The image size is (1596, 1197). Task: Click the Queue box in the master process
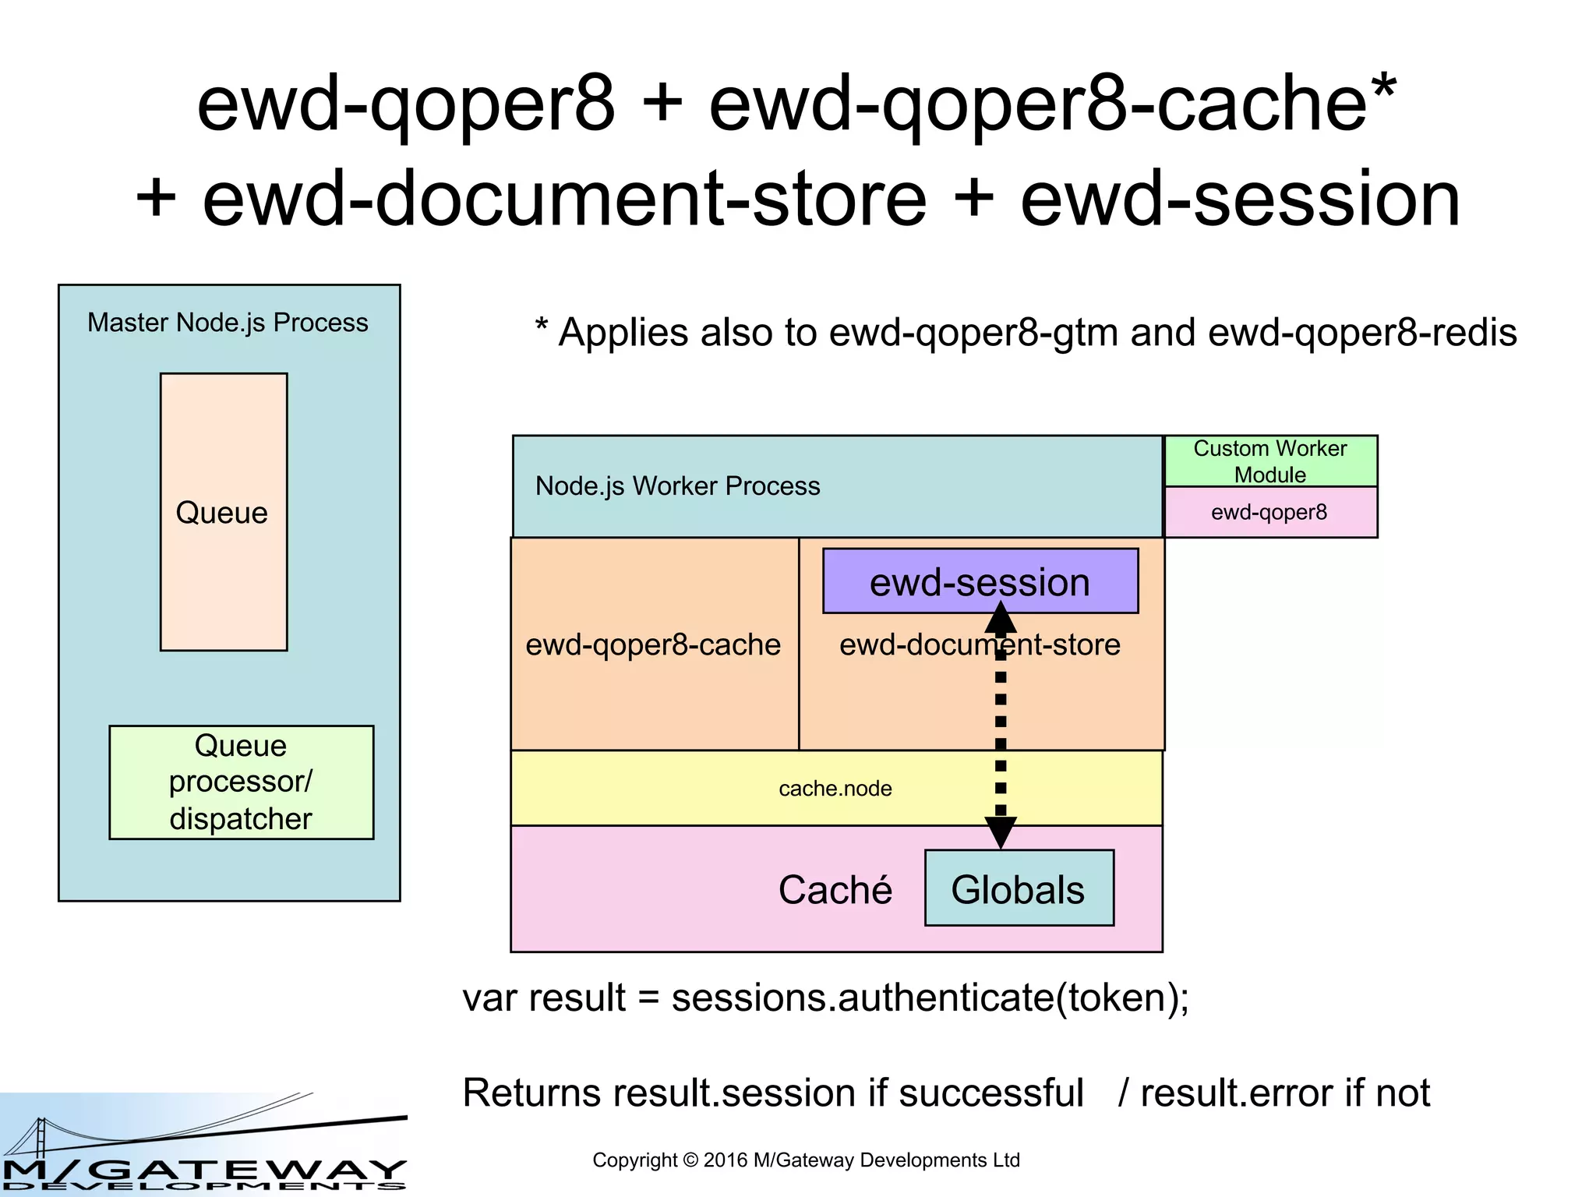[x=224, y=512]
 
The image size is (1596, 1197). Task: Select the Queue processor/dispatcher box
[x=241, y=782]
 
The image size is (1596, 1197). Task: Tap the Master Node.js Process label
[x=228, y=323]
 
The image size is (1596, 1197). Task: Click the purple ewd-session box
[x=980, y=581]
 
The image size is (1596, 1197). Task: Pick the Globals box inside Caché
[x=1019, y=888]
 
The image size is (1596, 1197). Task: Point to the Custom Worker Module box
[x=1270, y=461]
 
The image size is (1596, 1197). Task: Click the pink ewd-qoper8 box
[x=1270, y=512]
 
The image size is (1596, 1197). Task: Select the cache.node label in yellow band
[x=835, y=789]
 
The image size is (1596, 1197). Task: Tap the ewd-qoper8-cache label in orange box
[x=653, y=644]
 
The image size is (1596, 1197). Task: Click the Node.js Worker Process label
[x=678, y=486]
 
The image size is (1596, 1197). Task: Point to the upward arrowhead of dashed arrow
[x=1001, y=618]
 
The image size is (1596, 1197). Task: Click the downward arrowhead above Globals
[x=1001, y=832]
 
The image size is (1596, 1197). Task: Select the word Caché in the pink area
[x=835, y=890]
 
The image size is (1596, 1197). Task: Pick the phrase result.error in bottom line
[x=1238, y=1093]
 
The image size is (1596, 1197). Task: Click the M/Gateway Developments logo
[x=204, y=1146]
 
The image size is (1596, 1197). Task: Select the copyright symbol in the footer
[x=690, y=1160]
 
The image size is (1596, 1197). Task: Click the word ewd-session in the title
[x=1240, y=200]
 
